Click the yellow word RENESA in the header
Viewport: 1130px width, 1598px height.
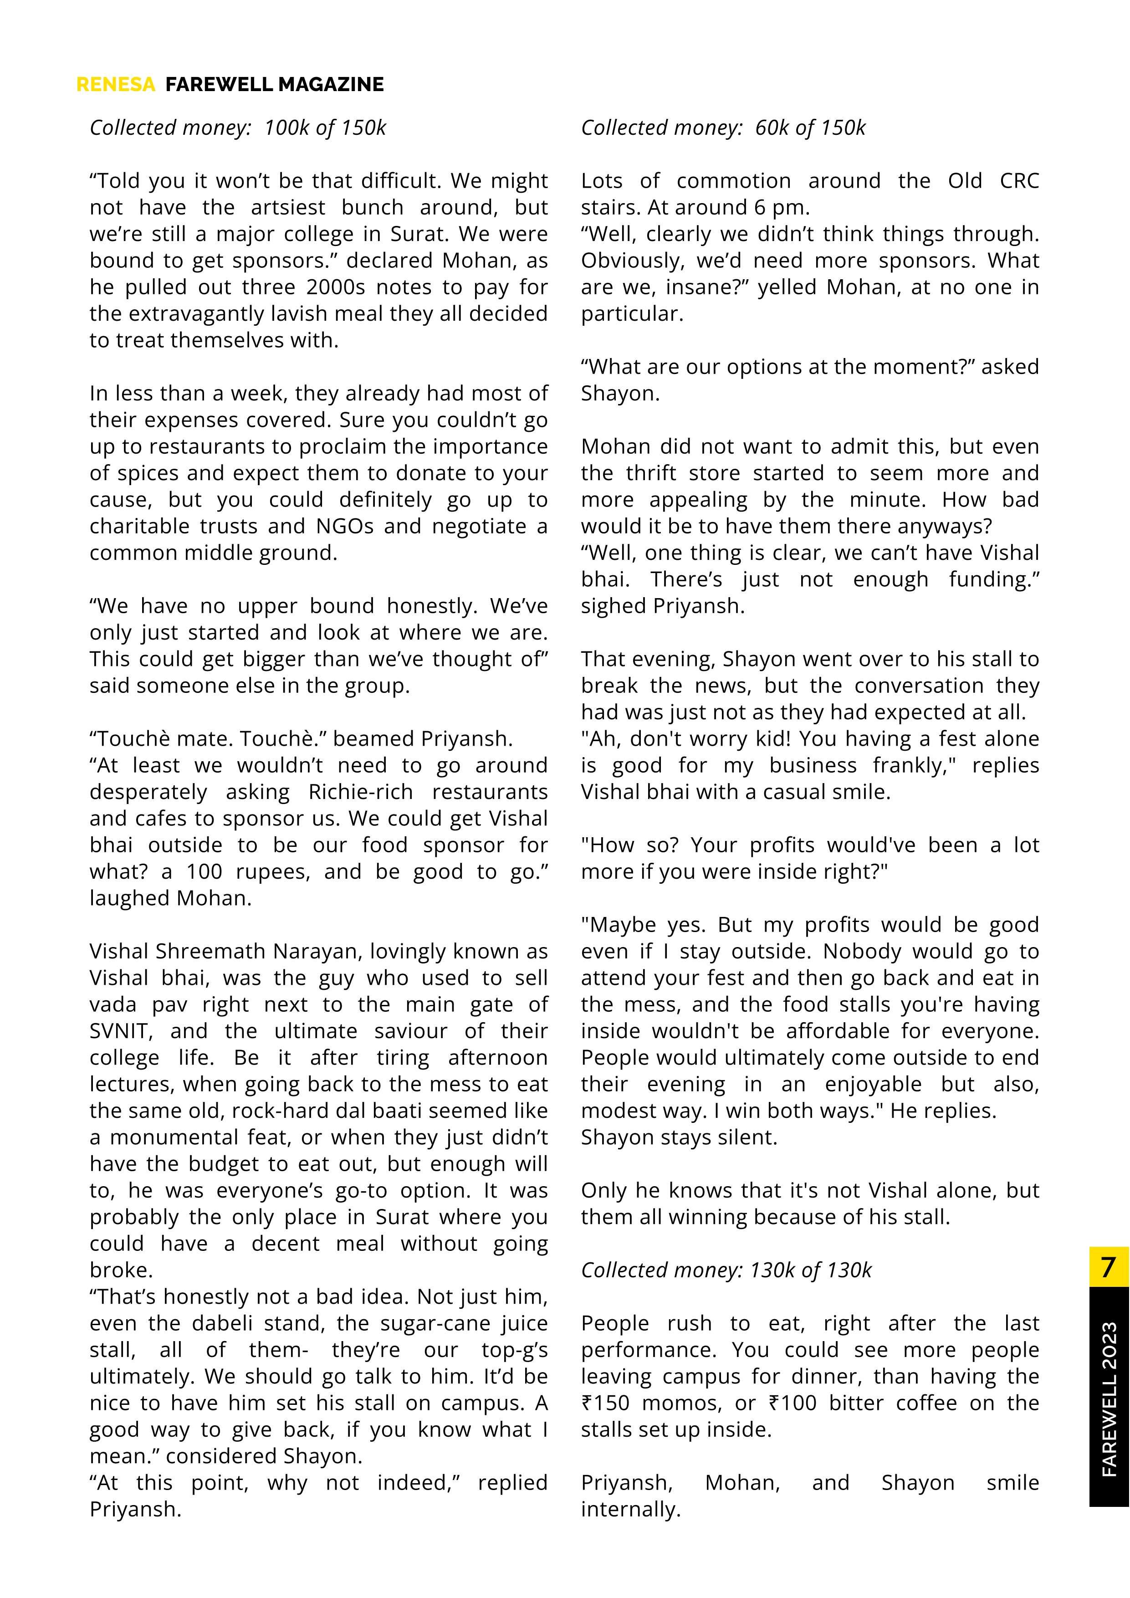click(116, 84)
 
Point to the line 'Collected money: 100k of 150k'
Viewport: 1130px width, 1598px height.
click(237, 128)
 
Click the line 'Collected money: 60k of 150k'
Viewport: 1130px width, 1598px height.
click(723, 128)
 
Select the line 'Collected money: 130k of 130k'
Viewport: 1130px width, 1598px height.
click(726, 1270)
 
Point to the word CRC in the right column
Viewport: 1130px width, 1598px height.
click(1019, 180)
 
